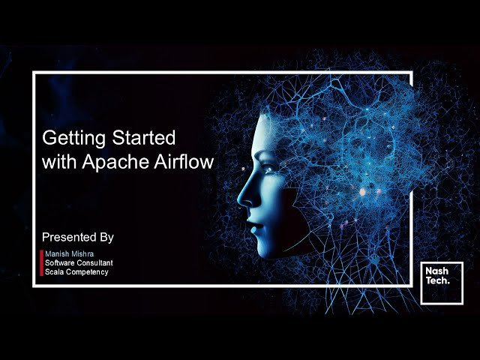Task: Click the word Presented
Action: point(69,237)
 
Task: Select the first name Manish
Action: point(56,253)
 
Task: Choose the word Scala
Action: point(54,271)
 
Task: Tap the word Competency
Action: point(87,272)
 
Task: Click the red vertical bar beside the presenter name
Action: point(41,262)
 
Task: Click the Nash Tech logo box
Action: point(441,283)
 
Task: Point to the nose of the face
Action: point(243,196)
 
